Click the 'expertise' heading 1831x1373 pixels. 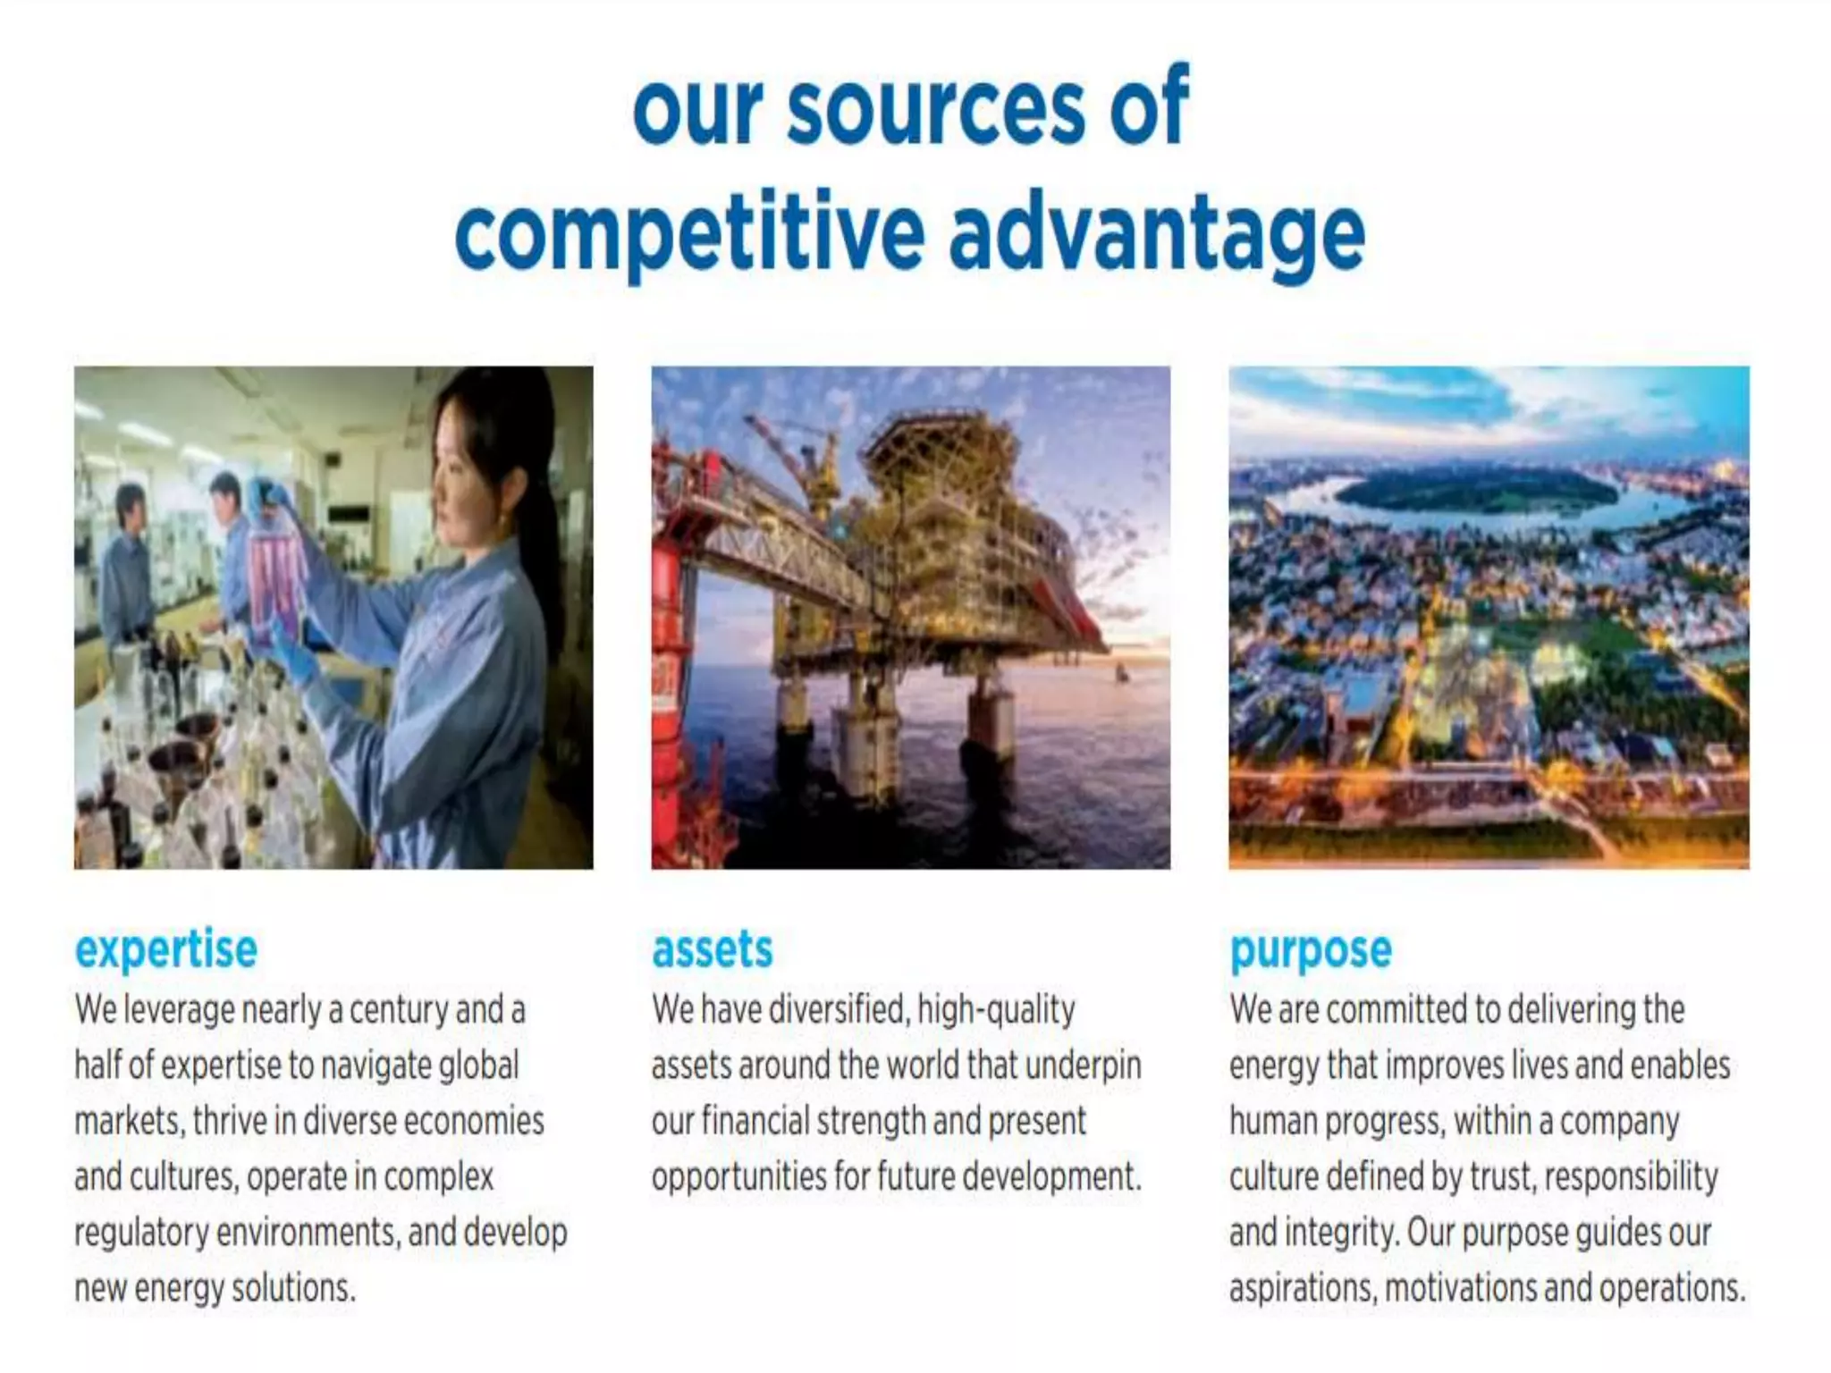point(166,949)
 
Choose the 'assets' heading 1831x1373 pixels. point(712,949)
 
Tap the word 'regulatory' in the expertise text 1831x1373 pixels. point(141,1234)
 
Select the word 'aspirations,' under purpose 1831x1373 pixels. point(1303,1289)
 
